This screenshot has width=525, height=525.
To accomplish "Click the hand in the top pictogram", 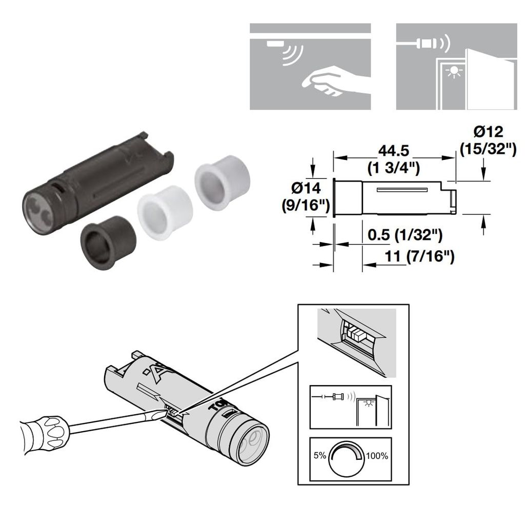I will [x=333, y=81].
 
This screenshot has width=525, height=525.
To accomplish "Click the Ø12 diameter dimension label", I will [x=487, y=132].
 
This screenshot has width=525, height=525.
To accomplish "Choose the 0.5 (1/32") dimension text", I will [x=405, y=236].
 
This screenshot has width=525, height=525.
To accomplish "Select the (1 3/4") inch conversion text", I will [x=394, y=166].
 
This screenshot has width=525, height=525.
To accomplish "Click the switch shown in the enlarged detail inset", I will [x=356, y=335].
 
